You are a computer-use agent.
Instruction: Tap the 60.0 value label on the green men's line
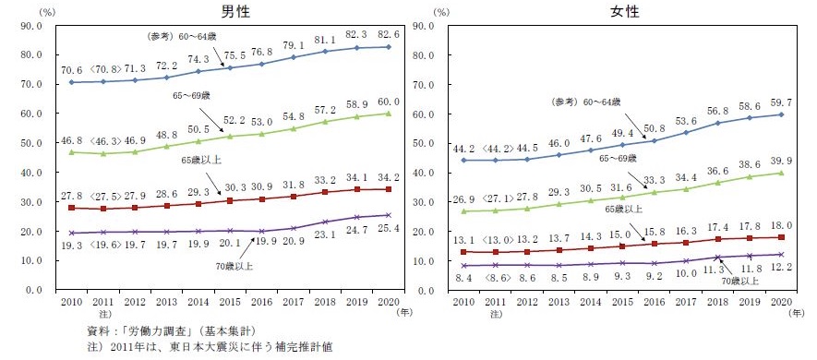pyautogui.click(x=390, y=102)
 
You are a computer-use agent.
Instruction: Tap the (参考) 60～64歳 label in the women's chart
pyautogui.click(x=586, y=102)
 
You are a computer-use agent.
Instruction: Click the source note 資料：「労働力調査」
pyautogui.click(x=163, y=330)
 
